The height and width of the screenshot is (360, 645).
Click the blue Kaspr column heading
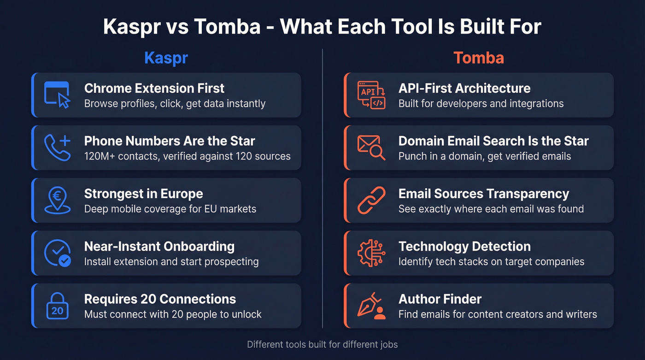pos(166,58)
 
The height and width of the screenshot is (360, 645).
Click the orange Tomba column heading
pos(478,58)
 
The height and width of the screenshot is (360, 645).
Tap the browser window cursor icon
pos(57,95)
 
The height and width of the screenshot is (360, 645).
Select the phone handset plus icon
pos(57,148)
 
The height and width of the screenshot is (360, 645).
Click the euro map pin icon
pos(57,200)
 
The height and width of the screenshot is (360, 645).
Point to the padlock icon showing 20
pos(57,305)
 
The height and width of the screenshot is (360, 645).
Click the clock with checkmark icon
pos(57,253)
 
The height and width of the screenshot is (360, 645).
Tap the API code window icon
pos(371,95)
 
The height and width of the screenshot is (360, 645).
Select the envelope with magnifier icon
pos(371,148)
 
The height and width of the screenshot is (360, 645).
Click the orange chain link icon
pos(371,200)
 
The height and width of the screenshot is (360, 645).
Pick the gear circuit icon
pos(371,253)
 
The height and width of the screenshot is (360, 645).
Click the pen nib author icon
pos(371,305)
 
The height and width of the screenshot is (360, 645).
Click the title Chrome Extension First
pos(154,88)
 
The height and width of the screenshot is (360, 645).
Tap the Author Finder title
pos(440,299)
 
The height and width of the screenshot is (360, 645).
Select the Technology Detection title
pos(464,246)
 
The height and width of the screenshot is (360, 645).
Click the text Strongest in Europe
pos(143,194)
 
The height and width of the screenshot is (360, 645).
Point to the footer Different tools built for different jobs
pos(322,344)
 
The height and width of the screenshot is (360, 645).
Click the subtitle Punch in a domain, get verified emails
pos(484,156)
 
